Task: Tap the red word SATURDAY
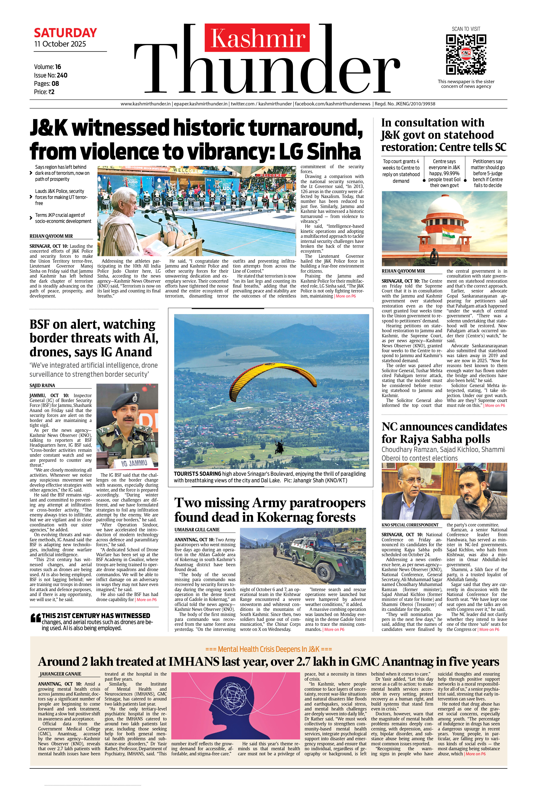pos(65,33)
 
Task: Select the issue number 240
pos(62,75)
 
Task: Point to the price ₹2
pos(51,92)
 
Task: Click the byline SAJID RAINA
pos(42,385)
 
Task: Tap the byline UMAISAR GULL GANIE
pos(197,530)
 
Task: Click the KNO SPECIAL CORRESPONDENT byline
pos(410,525)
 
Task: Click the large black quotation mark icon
pos(35,618)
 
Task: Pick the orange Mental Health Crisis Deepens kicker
pos(268,649)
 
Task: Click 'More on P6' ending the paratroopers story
pos(334,629)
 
